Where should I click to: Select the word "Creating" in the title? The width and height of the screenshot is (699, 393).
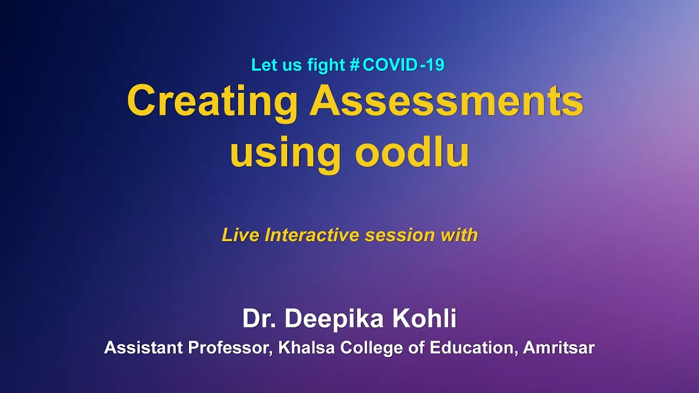pos(212,102)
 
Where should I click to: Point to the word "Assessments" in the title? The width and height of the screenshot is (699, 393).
pos(446,101)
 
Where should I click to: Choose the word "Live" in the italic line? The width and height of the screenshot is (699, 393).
pos(240,235)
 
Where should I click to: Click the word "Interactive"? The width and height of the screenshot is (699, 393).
pos(312,235)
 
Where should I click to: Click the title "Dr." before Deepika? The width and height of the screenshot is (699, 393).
pos(259,319)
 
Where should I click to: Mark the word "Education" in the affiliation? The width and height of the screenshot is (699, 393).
pos(473,348)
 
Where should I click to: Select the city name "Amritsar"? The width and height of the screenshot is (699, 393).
pos(559,348)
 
